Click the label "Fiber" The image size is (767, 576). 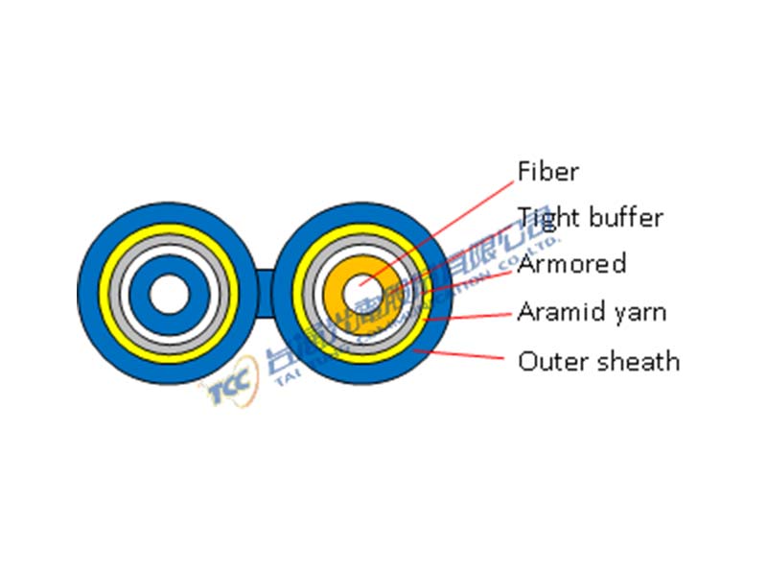coord(547,172)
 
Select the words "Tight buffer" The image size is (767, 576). coord(590,218)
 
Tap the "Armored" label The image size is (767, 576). coord(571,264)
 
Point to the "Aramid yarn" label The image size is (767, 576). coord(592,312)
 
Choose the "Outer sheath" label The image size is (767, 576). coord(598,361)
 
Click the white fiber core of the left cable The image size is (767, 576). coord(170,293)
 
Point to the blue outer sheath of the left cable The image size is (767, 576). coord(92,293)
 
